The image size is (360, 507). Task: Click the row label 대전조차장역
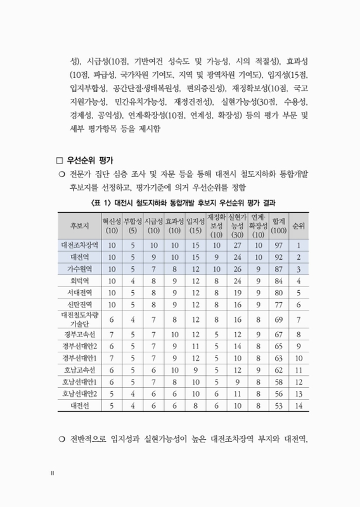click(x=79, y=245)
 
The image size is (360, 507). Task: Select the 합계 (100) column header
click(x=278, y=225)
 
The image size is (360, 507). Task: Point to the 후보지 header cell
click(x=79, y=225)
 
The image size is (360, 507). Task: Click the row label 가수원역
click(x=79, y=269)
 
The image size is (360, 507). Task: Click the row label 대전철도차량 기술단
click(x=79, y=319)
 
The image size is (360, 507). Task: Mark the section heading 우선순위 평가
click(x=92, y=158)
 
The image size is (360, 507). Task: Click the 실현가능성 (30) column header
click(x=236, y=225)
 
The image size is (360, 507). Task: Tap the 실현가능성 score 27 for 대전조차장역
click(x=236, y=245)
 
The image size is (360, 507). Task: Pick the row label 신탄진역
click(x=79, y=306)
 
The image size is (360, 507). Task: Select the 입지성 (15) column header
click(x=195, y=225)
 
